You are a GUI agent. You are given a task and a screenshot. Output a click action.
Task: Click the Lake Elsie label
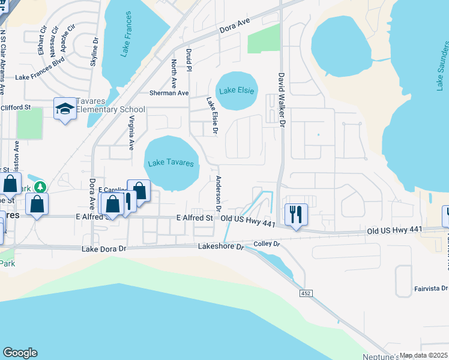pyautogui.click(x=237, y=91)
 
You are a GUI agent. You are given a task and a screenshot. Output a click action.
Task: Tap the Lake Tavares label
pyautogui.click(x=171, y=163)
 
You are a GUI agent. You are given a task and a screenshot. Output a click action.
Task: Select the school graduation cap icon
pyautogui.click(x=64, y=108)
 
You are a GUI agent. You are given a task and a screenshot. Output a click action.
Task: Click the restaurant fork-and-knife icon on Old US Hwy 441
pyautogui.click(x=295, y=214)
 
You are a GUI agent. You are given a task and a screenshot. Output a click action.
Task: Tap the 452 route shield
pyautogui.click(x=306, y=293)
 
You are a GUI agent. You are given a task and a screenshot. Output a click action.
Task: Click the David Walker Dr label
pyautogui.click(x=280, y=100)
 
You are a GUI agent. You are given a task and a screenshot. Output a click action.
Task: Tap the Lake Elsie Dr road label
pyautogui.click(x=211, y=116)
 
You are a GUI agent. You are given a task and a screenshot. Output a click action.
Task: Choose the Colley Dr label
pyautogui.click(x=267, y=244)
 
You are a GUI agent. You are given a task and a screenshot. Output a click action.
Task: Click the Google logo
pyautogui.click(x=20, y=353)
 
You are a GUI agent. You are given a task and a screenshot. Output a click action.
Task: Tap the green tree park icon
pyautogui.click(x=40, y=187)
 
